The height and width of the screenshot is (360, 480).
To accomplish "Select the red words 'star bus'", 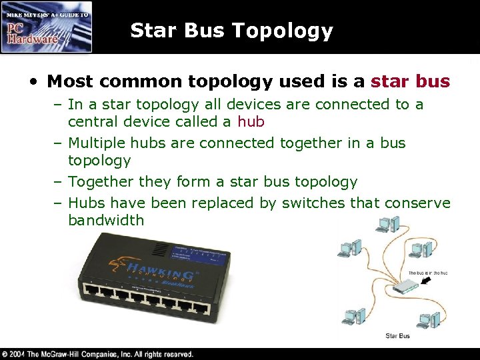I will click(x=410, y=82).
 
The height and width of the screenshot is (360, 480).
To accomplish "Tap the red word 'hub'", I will click(x=251, y=122).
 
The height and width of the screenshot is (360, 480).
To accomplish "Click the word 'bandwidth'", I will click(x=106, y=220).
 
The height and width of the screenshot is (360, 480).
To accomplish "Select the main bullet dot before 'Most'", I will click(x=33, y=82).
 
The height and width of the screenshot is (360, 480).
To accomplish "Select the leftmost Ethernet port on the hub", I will click(x=91, y=291).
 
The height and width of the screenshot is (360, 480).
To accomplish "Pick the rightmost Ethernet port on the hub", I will click(x=199, y=307).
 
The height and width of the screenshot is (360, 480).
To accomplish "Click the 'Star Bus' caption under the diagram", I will click(x=398, y=336).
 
